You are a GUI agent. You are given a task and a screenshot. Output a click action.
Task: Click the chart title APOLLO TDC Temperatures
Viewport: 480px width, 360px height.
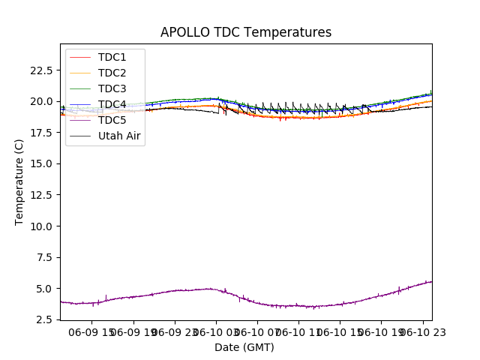click(246, 32)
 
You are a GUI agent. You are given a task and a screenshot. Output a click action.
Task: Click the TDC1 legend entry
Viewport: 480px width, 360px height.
click(112, 57)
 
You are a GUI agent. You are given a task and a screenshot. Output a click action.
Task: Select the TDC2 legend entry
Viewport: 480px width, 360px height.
click(112, 73)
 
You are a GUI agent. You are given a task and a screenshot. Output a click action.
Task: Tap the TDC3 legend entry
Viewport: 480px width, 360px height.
click(112, 88)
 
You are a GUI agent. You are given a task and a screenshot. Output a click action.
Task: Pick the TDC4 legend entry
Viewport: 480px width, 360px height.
click(112, 104)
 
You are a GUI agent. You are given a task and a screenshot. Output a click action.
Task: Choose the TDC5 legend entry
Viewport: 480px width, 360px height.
click(112, 120)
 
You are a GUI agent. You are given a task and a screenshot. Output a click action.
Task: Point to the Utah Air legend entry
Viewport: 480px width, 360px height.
click(119, 136)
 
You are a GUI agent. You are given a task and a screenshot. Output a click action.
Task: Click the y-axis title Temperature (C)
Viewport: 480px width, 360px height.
click(19, 181)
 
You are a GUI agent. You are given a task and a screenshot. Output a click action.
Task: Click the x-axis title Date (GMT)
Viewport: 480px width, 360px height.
click(244, 347)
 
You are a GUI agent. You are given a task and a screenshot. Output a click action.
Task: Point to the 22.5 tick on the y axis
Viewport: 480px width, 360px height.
click(41, 70)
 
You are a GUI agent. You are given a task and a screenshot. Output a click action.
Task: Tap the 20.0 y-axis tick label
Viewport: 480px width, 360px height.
click(41, 101)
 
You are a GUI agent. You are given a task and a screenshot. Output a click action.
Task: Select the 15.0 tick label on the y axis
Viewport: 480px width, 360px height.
click(41, 163)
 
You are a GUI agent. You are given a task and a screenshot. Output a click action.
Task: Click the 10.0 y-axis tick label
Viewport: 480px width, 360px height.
click(41, 226)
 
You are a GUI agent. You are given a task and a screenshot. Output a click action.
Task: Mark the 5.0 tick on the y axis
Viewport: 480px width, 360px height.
click(44, 289)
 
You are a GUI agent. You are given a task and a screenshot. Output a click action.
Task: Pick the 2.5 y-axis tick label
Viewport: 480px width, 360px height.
click(44, 319)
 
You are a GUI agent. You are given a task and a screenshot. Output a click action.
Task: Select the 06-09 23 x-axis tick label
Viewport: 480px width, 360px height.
click(175, 332)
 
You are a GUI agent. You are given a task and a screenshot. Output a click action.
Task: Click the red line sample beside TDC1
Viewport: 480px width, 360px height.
click(82, 57)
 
